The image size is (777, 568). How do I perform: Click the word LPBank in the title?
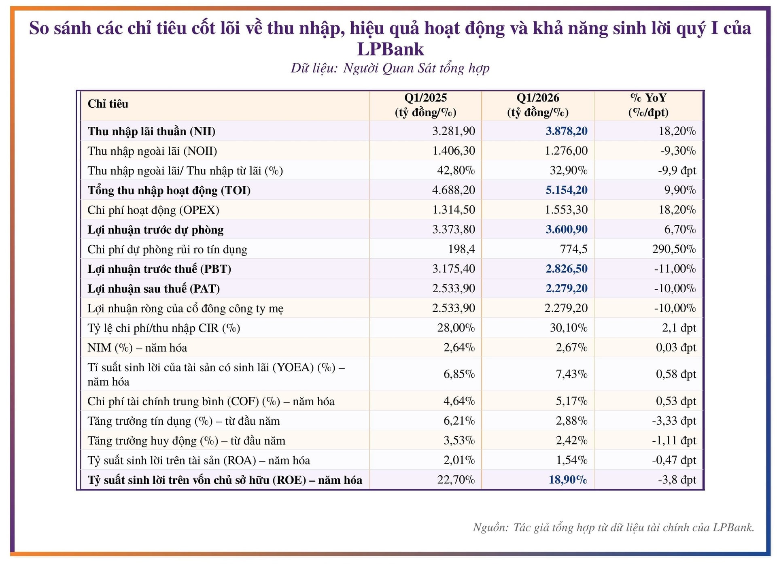tap(390, 49)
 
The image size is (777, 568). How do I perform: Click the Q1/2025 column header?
tap(425, 105)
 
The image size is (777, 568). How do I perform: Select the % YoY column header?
tap(648, 105)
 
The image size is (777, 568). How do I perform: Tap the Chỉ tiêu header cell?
tap(108, 104)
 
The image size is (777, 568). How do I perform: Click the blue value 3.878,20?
tap(566, 131)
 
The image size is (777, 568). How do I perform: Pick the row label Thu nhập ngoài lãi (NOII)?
tap(152, 151)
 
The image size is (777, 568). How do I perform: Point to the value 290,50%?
tap(673, 249)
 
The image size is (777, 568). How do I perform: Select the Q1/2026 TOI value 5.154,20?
tap(566, 190)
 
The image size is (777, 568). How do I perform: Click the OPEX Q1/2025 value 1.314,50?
tap(453, 210)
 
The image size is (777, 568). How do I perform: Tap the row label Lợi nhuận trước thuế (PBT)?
tap(159, 269)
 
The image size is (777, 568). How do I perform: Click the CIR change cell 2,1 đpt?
tap(679, 328)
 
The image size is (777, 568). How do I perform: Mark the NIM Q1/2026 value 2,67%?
tap(571, 347)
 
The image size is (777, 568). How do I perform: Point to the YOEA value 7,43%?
tap(571, 374)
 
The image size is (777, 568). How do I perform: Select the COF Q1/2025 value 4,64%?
tap(459, 401)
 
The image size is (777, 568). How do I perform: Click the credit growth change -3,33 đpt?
tap(673, 421)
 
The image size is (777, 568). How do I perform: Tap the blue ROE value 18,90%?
tap(567, 480)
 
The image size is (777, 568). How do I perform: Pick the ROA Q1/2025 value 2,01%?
tap(459, 460)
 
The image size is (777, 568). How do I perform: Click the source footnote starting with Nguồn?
tap(613, 528)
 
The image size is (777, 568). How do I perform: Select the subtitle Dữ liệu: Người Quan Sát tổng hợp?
tap(390, 68)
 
